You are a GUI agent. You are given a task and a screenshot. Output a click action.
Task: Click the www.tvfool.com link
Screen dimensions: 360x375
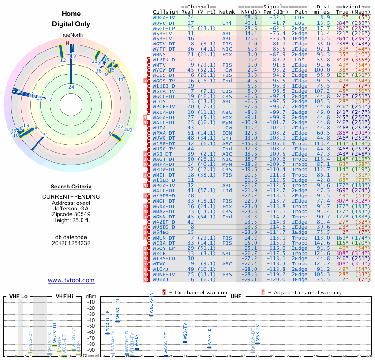71,280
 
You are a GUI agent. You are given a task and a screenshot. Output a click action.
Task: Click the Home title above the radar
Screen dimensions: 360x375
71,14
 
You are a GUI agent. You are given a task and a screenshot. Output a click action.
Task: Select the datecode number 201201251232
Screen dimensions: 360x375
71,243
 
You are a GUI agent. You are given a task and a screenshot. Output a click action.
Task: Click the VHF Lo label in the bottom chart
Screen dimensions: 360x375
17,297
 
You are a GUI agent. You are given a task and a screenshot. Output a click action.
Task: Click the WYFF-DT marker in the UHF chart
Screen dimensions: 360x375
210,347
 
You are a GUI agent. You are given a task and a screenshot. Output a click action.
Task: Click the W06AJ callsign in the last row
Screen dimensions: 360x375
161,279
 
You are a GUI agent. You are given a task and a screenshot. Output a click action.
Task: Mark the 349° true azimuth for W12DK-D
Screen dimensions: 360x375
343,60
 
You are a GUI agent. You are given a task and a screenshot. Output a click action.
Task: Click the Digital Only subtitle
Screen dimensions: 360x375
71,24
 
